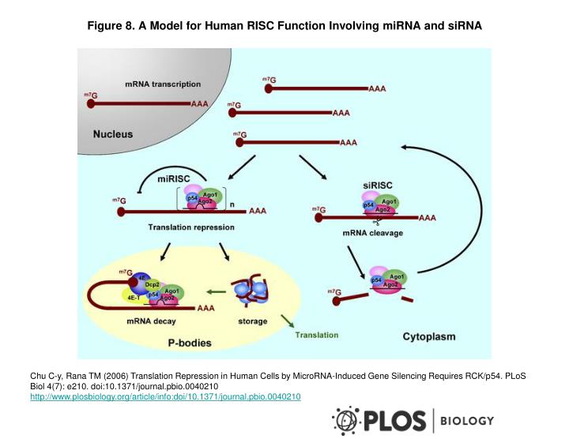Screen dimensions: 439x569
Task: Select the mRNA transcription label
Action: (163, 84)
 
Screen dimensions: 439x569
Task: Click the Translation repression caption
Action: (191, 227)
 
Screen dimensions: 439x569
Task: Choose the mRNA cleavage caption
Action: (373, 234)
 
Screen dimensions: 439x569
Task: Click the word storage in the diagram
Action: (252, 321)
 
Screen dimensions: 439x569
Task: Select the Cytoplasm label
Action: (429, 336)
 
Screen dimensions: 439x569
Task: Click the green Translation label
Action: (316, 335)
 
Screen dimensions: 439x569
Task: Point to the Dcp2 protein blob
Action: (153, 284)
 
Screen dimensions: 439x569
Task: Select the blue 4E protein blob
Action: (142, 277)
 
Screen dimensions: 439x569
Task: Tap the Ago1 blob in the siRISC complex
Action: (389, 201)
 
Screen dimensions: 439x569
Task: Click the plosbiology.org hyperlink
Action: (165, 396)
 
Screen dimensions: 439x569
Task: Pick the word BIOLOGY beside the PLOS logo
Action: (466, 421)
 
